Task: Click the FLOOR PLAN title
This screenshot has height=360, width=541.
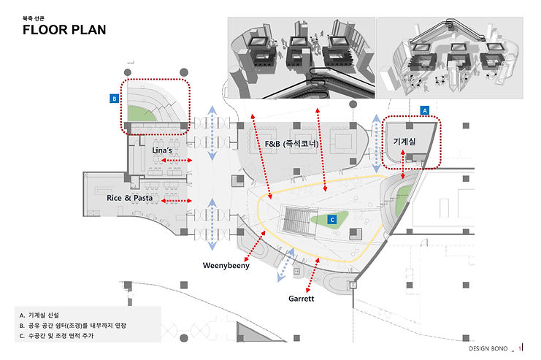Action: pos(64,30)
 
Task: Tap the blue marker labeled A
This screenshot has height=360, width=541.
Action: pos(424,110)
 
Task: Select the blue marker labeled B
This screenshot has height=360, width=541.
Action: pos(114,98)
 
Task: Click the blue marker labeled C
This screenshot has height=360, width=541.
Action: pos(331,218)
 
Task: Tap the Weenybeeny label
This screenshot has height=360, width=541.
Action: pos(226,266)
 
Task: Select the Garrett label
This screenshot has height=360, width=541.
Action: pos(301,299)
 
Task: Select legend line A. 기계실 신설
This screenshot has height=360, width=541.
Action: pos(51,315)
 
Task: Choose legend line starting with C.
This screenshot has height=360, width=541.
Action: pos(63,336)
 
